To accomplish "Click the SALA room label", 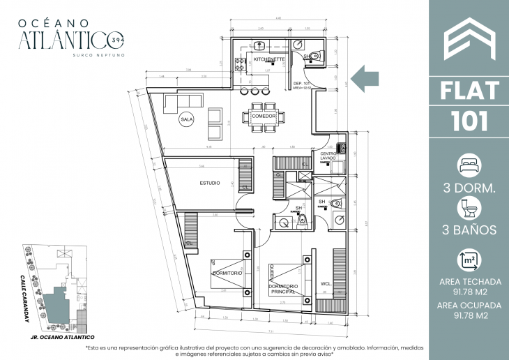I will pos(186,119).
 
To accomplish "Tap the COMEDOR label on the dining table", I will pos(264,116).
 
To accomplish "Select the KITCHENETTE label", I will pos(268,60).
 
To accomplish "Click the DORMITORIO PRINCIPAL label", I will pos(282,290).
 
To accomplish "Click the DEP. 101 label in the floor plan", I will pos(301,83).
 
